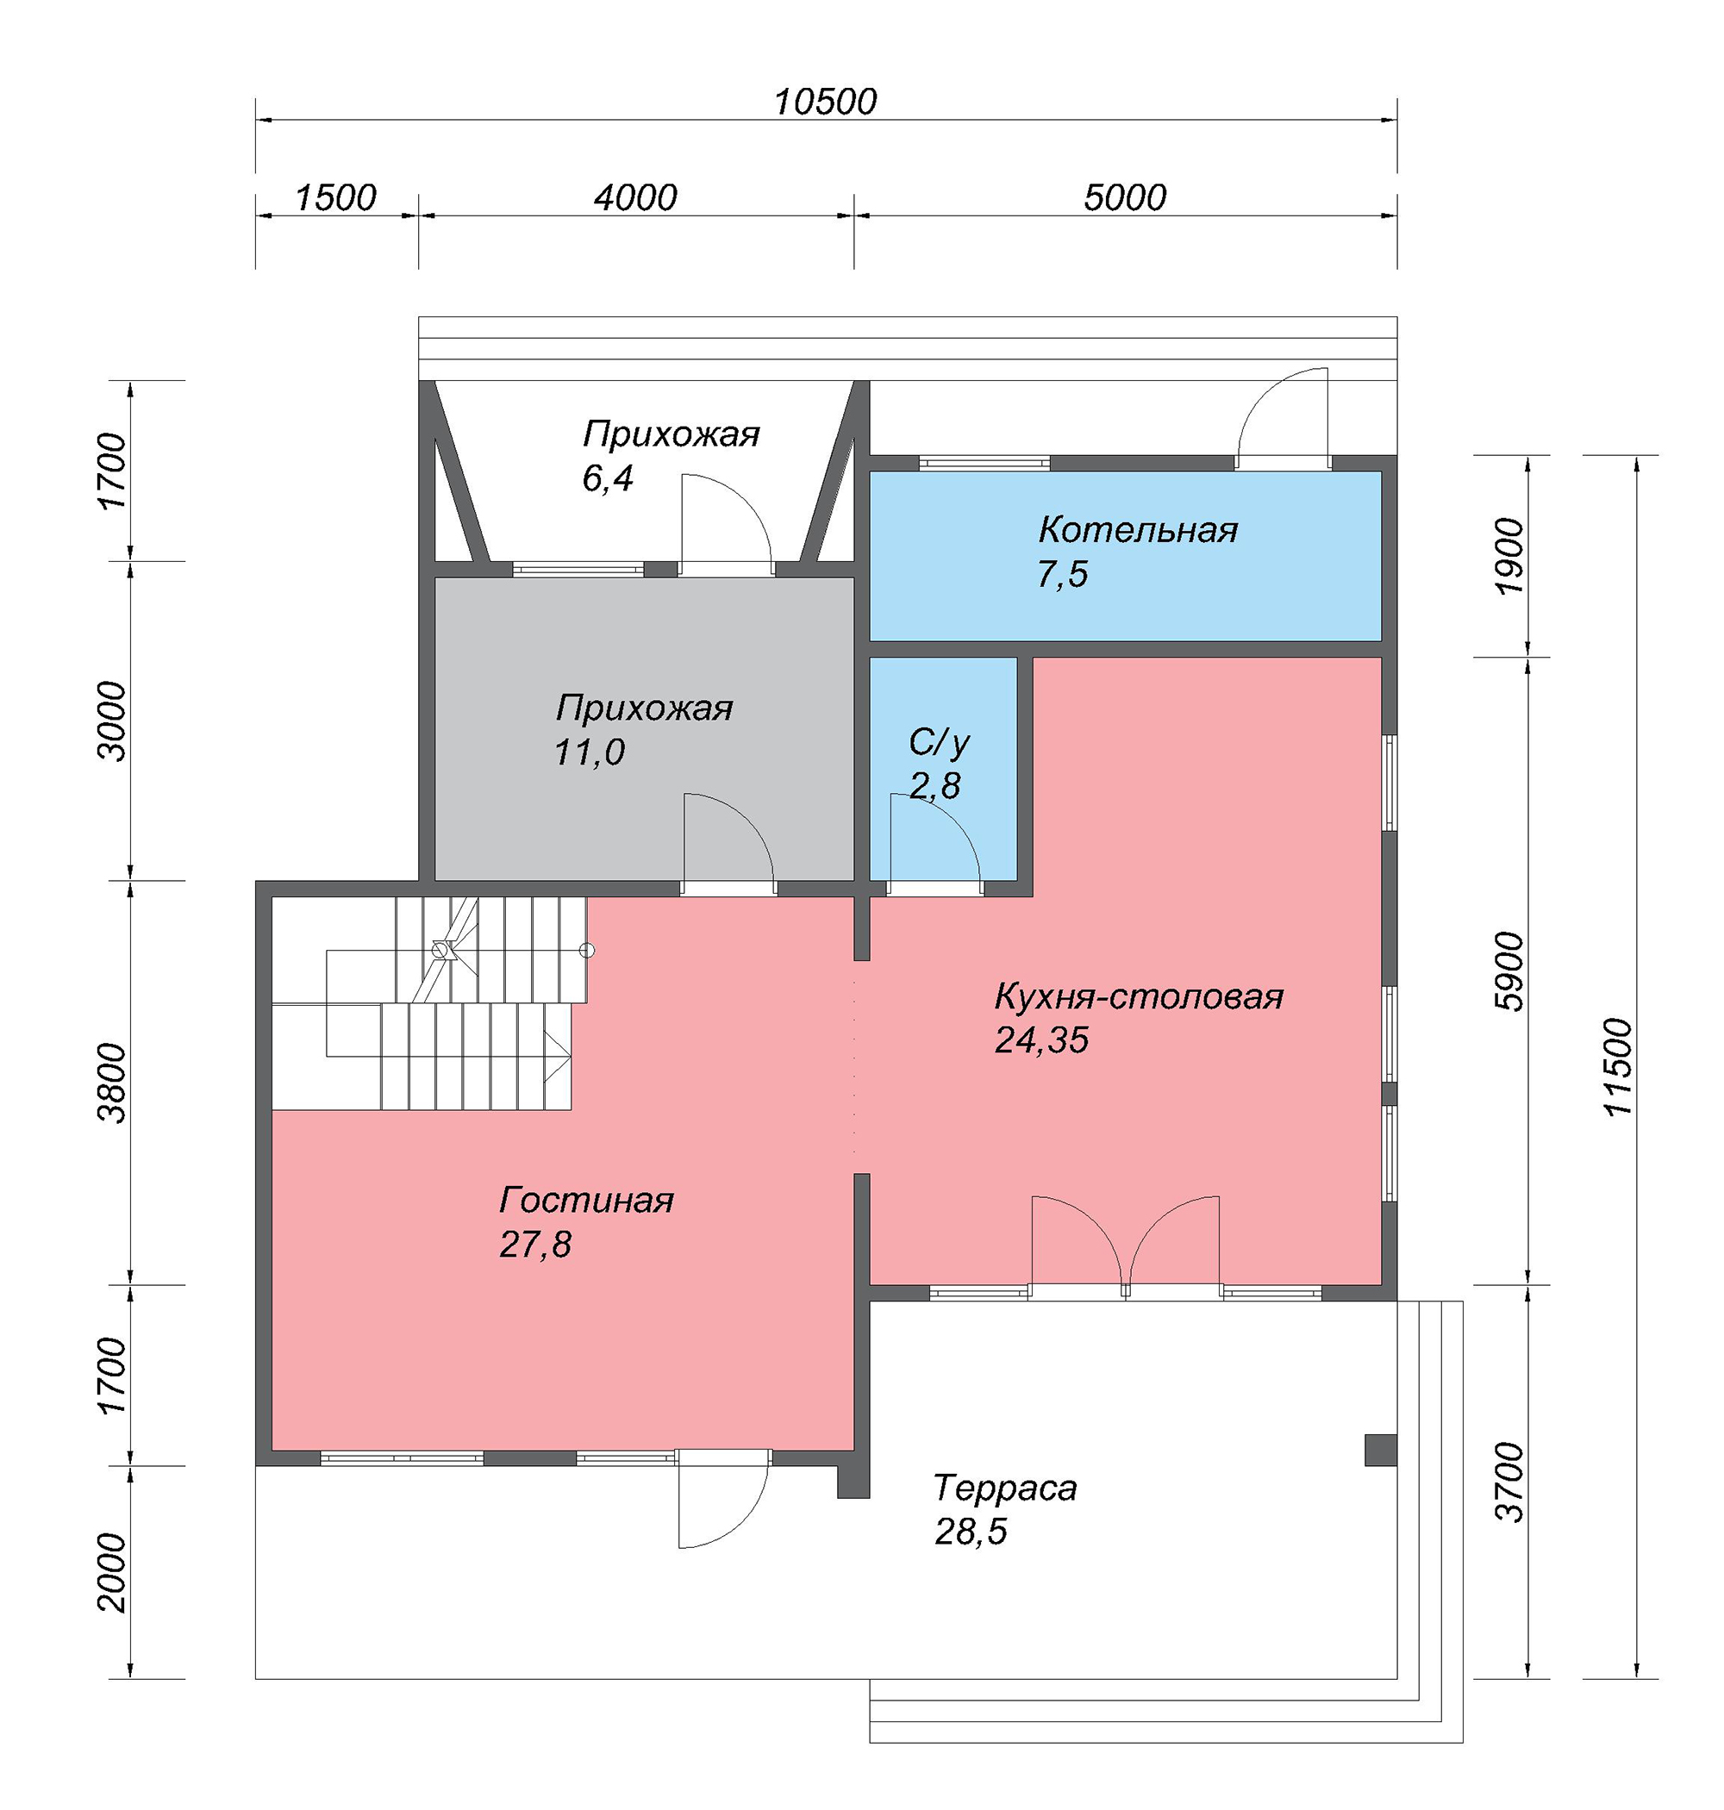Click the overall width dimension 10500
825,102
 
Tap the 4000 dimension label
635,197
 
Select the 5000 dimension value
1125,197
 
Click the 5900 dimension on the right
1509,971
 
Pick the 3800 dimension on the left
114,1083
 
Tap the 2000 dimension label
114,1572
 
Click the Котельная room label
1138,530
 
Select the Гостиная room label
586,1200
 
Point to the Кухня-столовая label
1139,996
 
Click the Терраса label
1005,1488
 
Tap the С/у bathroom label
940,742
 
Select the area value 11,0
589,752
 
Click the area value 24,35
1042,1040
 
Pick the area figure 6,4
608,478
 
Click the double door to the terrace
1126,1245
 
